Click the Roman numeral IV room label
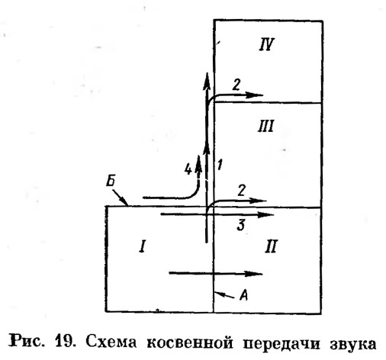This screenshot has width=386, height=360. [267, 45]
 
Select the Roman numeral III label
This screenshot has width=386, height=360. [265, 126]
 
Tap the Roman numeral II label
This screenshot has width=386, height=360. [271, 246]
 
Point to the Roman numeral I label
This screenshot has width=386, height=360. [143, 246]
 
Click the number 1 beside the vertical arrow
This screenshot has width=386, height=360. [220, 165]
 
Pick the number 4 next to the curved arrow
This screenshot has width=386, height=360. [188, 169]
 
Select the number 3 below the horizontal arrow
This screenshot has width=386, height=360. [241, 225]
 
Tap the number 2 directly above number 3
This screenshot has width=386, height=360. [242, 191]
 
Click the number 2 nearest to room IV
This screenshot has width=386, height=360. [236, 85]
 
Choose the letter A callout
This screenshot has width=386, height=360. [244, 295]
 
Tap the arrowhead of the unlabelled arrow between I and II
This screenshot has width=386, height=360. [253, 274]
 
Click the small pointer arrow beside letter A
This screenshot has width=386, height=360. [225, 295]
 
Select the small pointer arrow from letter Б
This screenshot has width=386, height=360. [120, 197]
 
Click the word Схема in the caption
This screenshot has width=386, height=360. [111, 342]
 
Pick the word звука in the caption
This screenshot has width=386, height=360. [352, 344]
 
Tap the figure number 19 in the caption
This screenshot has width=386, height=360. [66, 342]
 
